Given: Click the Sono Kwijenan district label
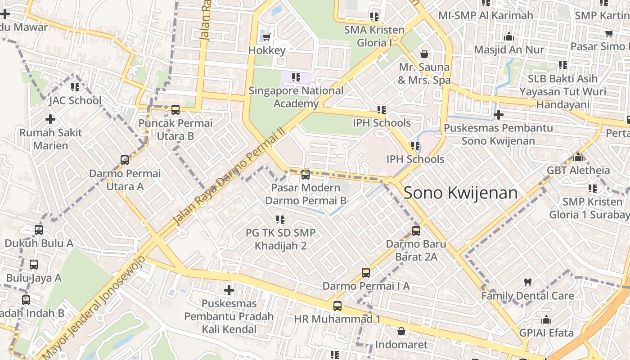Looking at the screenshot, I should [x=460, y=193].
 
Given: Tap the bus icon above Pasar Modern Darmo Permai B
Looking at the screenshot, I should [x=306, y=175].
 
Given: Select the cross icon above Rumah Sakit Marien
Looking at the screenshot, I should [x=50, y=119].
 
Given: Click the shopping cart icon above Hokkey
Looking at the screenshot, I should [x=267, y=37].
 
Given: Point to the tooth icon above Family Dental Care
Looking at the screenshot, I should [x=528, y=283].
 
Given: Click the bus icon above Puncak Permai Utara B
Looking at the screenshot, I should [x=175, y=110].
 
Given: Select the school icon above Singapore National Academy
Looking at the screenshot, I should [x=296, y=77].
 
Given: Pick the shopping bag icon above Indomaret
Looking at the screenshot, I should [x=401, y=332].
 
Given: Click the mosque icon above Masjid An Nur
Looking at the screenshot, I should [x=509, y=36].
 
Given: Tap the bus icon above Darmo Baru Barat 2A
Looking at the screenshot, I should [x=416, y=231].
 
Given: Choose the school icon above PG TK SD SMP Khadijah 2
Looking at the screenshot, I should [x=280, y=220].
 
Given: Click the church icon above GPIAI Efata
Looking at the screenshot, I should [x=546, y=320].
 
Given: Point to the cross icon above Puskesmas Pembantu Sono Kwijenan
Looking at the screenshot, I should [x=498, y=115].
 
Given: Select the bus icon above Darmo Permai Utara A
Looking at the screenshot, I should [x=125, y=160].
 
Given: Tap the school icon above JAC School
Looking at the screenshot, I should [x=75, y=87].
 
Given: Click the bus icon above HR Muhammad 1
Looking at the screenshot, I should [x=337, y=306].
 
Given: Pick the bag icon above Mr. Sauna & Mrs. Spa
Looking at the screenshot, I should [x=424, y=54].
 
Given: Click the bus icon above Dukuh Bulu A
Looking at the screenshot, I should [x=39, y=230].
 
